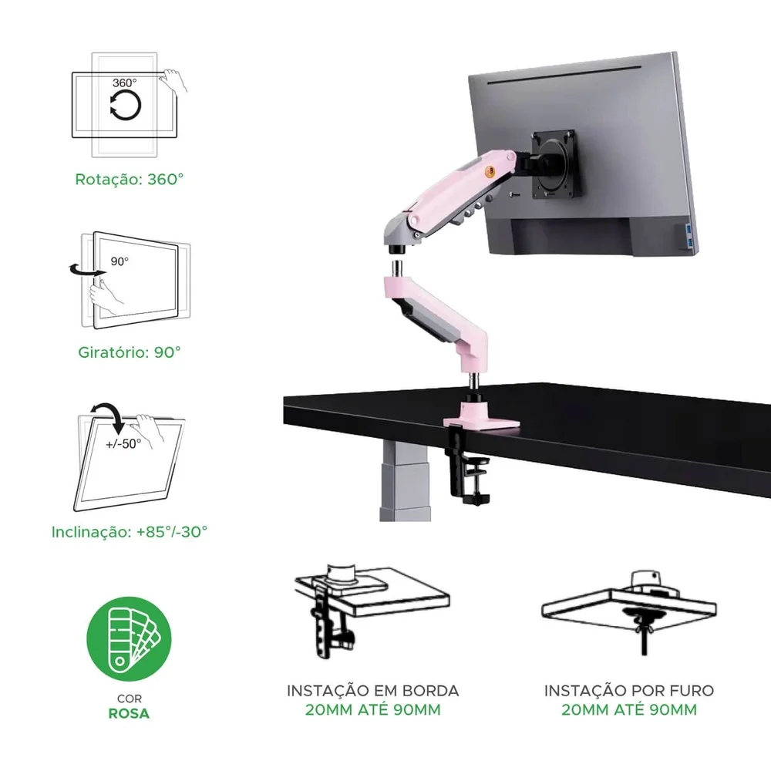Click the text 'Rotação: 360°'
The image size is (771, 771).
click(x=130, y=179)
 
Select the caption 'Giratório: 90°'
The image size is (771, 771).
click(x=130, y=352)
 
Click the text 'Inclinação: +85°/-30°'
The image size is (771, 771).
click(x=130, y=531)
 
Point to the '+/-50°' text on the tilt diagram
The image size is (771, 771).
click(x=123, y=443)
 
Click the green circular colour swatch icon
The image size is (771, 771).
click(x=130, y=638)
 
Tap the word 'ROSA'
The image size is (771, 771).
click(x=129, y=713)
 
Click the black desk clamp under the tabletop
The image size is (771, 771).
click(x=466, y=466)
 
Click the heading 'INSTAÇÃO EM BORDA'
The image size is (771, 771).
click(x=372, y=691)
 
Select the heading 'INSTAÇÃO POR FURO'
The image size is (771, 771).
click(x=629, y=691)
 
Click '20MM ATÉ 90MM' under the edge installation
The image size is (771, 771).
click(x=372, y=710)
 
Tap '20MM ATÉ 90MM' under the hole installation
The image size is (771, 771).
click(x=629, y=710)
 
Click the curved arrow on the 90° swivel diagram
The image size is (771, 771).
click(x=86, y=270)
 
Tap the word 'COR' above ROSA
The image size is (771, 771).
click(x=130, y=699)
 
